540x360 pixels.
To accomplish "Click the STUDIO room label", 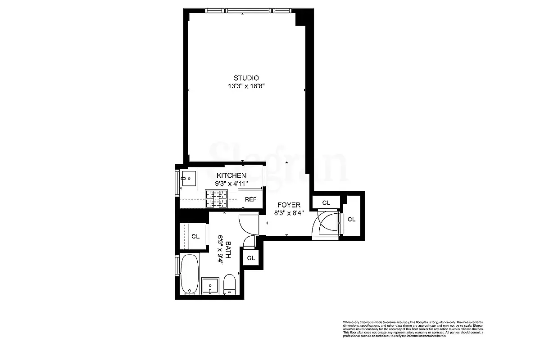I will pos(246,78).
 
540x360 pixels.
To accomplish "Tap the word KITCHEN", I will pos(231,175).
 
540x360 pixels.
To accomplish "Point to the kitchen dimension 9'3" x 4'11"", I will pos(231,183).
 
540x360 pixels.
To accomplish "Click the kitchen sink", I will pos(188,178).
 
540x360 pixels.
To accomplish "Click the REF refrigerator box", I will pos(250,199).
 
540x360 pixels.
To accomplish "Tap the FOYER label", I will pos(288,205).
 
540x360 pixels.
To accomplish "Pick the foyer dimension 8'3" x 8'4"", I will pos(289,213).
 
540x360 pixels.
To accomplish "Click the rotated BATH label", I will pos(228,250).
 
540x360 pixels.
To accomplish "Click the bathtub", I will pos(189,274).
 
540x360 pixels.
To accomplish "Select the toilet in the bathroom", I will pos(230,284).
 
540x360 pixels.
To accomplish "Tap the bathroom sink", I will pos(210,286).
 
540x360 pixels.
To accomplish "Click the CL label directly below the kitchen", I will pos(195,236).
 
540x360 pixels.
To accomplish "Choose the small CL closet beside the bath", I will pos(251,258).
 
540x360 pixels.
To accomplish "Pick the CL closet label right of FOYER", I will pos(326,203).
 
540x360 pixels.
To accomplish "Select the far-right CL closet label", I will pos(352,219).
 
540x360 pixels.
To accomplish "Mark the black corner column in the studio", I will pos(300,19).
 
